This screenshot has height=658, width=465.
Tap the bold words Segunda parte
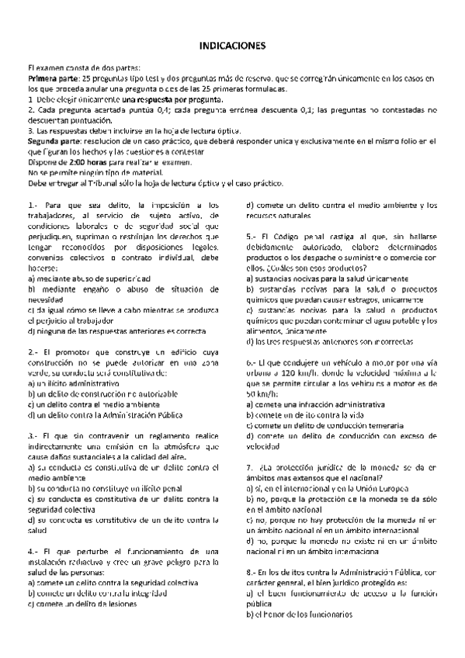[x=53, y=141]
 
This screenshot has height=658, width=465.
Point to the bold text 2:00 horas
[x=87, y=162]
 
